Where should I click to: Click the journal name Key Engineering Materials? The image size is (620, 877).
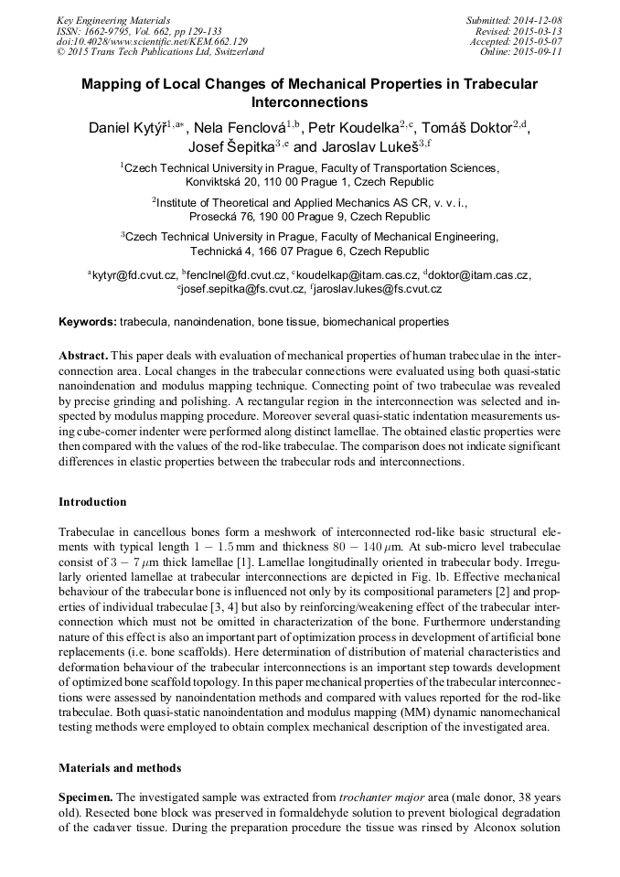[112, 20]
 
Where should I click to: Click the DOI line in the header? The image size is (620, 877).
[152, 41]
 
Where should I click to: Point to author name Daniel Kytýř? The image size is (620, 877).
[130, 128]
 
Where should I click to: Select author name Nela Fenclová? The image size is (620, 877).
[240, 128]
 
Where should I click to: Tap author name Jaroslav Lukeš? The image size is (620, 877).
[363, 146]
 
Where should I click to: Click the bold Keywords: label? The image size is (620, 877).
[88, 322]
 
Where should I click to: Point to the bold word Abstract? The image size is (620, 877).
[83, 354]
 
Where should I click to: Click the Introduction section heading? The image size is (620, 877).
[92, 502]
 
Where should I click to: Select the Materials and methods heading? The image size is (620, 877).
[119, 767]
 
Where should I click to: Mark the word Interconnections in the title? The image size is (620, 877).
[308, 102]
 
